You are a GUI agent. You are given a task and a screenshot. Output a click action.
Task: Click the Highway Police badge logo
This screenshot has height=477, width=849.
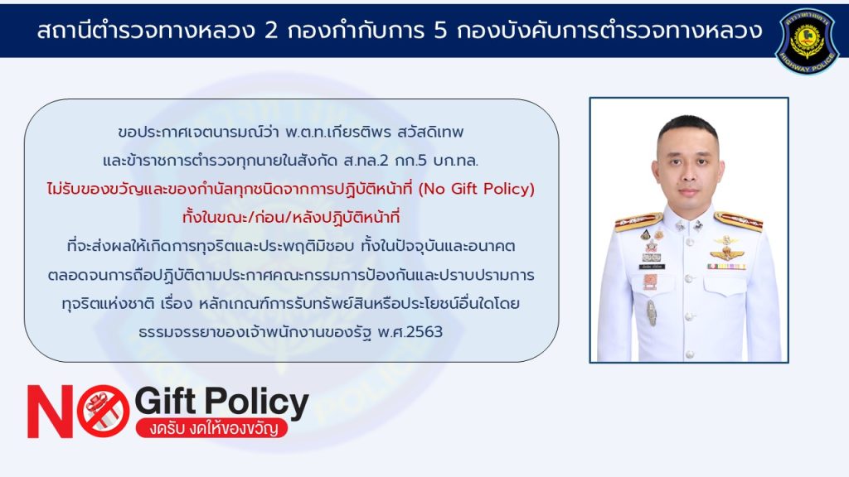tap(807, 41)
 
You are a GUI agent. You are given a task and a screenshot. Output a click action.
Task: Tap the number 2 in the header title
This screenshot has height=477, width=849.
tap(270, 31)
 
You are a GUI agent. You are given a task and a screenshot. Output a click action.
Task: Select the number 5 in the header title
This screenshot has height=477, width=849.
tap(440, 31)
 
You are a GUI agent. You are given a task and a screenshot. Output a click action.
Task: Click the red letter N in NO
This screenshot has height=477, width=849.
tap(51, 411)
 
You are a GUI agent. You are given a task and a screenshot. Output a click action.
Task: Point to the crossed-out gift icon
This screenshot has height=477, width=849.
tap(103, 411)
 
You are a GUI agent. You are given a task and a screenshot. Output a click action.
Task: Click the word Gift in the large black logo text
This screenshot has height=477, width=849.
tap(165, 402)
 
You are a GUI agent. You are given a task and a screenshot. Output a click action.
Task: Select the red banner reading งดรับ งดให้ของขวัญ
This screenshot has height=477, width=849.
tap(211, 427)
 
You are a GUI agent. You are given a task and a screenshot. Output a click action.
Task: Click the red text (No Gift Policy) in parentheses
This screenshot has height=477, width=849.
tap(477, 189)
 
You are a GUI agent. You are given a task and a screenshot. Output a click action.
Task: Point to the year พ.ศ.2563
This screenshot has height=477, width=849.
tap(410, 331)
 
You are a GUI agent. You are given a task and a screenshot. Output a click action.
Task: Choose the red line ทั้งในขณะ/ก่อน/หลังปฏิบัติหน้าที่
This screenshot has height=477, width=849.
tap(291, 218)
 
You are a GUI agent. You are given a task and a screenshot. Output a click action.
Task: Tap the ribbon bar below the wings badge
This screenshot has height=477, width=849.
tap(726, 267)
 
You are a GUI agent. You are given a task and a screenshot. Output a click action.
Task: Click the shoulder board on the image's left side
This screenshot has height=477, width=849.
tap(639, 221)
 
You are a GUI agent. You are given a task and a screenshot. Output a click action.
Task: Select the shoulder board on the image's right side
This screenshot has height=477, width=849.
tap(739, 220)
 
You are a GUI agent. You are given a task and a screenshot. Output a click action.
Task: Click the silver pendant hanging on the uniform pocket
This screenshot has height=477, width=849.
tap(652, 312)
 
